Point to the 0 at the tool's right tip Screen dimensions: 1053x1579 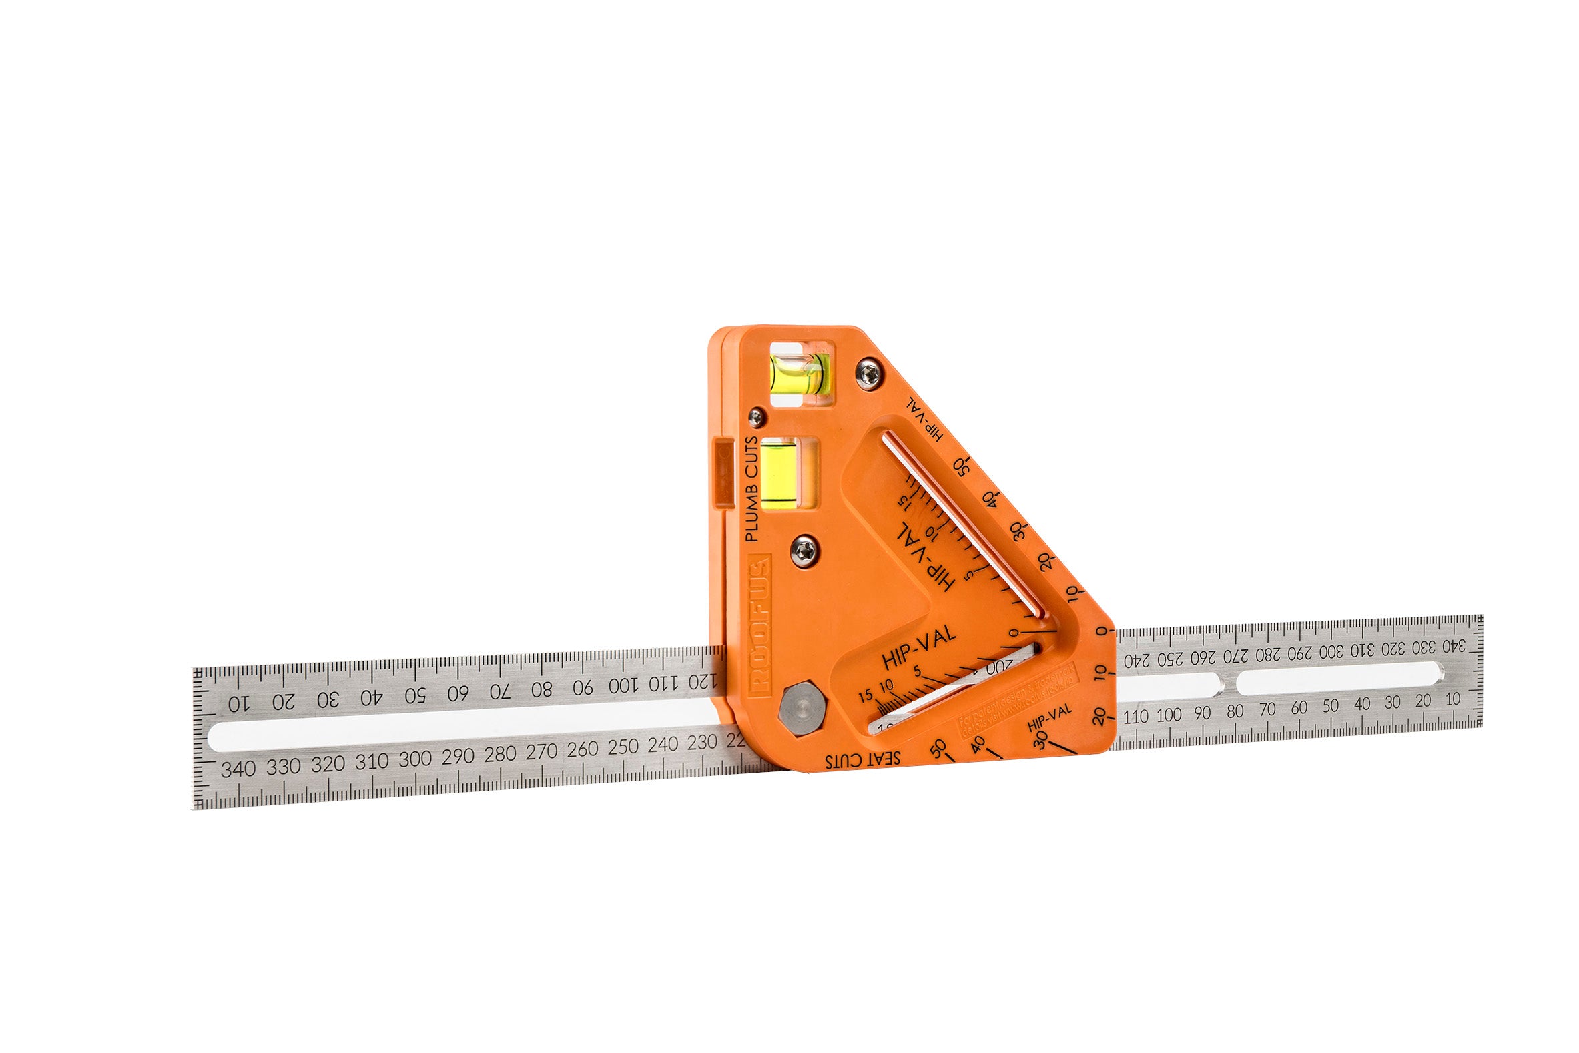1100,631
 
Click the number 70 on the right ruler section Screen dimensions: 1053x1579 1267,709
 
